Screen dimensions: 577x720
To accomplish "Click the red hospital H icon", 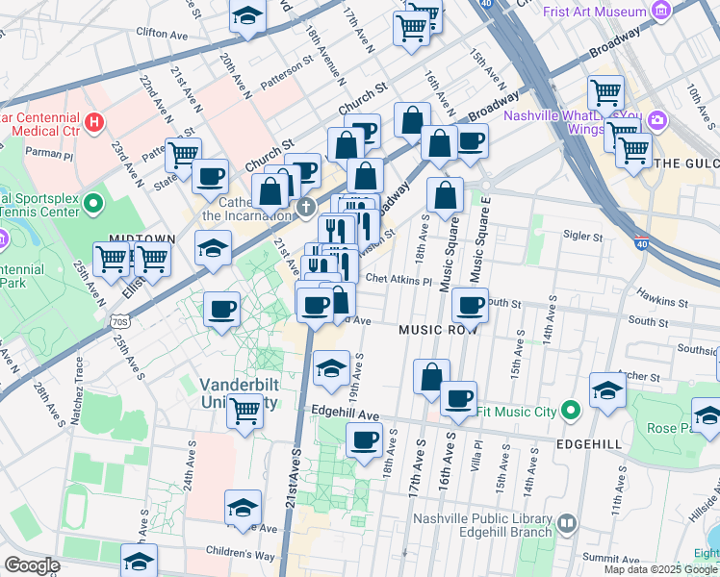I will pyautogui.click(x=94, y=122).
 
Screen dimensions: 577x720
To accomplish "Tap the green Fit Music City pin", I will pyautogui.click(x=571, y=412).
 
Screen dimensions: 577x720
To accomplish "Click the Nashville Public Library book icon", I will pyautogui.click(x=566, y=524).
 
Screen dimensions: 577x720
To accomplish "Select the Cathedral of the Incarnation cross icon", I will pyautogui.click(x=306, y=206).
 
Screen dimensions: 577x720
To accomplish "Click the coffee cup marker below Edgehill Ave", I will pyautogui.click(x=364, y=441).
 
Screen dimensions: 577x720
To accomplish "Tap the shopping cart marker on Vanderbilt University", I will pyautogui.click(x=245, y=411).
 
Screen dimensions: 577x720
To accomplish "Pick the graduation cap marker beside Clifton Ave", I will pyautogui.click(x=247, y=16).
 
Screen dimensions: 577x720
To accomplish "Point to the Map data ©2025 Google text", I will pyautogui.click(x=658, y=569).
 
